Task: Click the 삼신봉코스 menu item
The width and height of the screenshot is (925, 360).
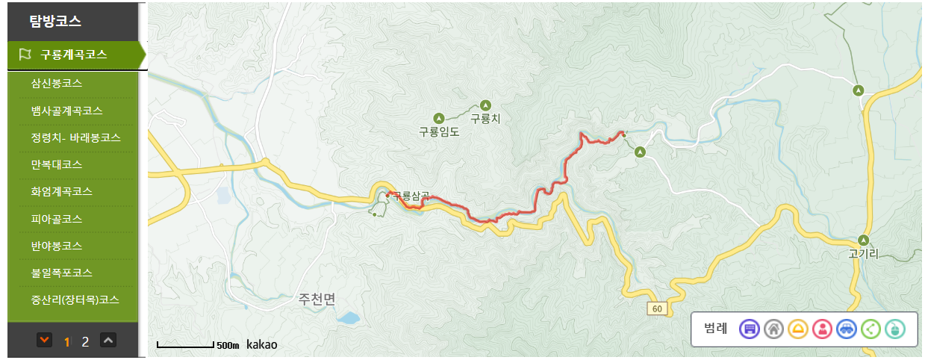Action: click(x=57, y=83)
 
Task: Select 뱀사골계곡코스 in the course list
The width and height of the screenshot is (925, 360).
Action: click(x=66, y=111)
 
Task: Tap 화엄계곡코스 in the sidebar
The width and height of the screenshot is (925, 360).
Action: click(x=62, y=191)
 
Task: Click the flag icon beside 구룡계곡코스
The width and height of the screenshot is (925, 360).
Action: click(x=25, y=54)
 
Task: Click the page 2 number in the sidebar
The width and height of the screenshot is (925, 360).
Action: click(x=85, y=341)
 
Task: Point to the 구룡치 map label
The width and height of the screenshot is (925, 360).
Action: click(x=485, y=118)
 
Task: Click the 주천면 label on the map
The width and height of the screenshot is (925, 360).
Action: click(x=317, y=300)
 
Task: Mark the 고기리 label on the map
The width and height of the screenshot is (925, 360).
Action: click(x=864, y=254)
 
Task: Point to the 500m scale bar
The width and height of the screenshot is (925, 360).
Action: click(x=187, y=345)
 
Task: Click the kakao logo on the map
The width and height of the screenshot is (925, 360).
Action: click(x=261, y=344)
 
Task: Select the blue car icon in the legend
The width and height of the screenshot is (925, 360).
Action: click(x=846, y=328)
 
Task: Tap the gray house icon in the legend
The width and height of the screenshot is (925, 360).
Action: click(x=773, y=328)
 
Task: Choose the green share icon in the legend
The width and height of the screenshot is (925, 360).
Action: click(x=871, y=328)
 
